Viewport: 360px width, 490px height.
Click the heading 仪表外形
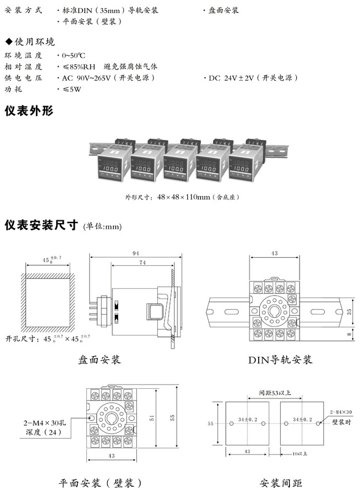[29, 111]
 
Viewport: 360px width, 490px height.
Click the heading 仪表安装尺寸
[41, 225]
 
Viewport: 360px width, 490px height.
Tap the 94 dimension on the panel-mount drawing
[136, 252]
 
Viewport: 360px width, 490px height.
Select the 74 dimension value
[141, 262]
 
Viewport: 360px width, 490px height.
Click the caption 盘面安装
[99, 359]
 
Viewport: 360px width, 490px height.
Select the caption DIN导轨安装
[281, 359]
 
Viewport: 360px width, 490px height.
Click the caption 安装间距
[281, 483]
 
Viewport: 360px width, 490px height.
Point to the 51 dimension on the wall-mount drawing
[152, 418]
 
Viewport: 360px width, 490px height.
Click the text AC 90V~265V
[85, 78]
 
